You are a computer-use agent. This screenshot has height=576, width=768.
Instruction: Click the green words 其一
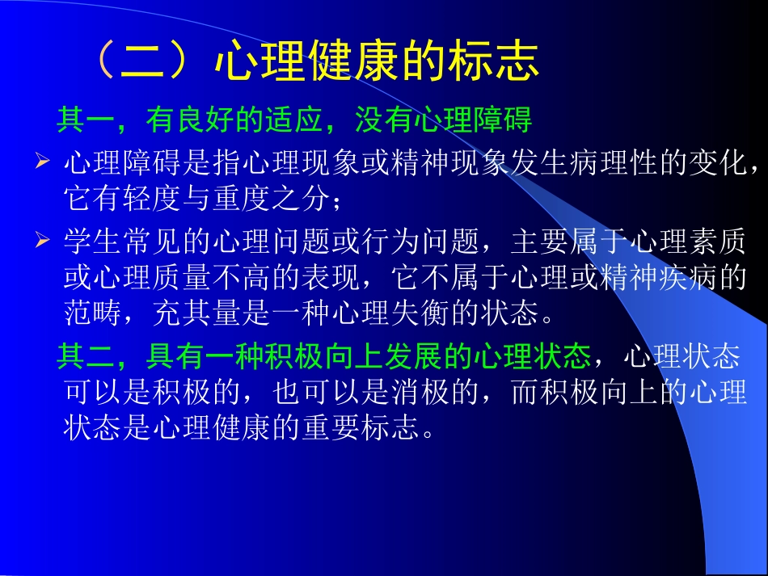point(78,120)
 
